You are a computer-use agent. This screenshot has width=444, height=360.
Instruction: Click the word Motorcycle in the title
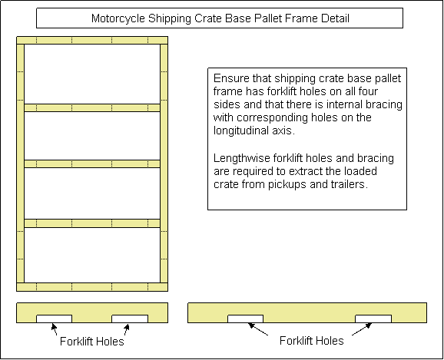pyautogui.click(x=118, y=18)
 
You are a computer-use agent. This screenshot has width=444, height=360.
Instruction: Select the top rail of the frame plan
pyautogui.click(x=92, y=40)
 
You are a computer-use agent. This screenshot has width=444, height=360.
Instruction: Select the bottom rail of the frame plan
pyautogui.click(x=92, y=287)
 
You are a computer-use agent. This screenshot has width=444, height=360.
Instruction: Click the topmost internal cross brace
pyautogui.click(x=92, y=107)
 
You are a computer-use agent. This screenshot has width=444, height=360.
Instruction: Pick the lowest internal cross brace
pyautogui.click(x=92, y=223)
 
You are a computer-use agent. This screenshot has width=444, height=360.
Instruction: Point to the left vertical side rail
pyautogui.click(x=21, y=163)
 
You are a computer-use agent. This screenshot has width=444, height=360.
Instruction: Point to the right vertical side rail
pyautogui.click(x=164, y=163)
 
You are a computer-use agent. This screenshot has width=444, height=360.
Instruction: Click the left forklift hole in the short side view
pyautogui.click(x=54, y=319)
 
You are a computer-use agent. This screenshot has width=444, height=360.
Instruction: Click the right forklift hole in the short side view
pyautogui.click(x=130, y=319)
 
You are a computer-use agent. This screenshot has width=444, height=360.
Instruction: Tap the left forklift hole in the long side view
pyautogui.click(x=246, y=319)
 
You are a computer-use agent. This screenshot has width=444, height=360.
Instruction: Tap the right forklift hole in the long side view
pyautogui.click(x=373, y=319)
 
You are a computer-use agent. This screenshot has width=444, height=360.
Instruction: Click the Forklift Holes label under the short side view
pyautogui.click(x=92, y=342)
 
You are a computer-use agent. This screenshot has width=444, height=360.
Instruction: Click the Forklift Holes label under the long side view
pyautogui.click(x=312, y=341)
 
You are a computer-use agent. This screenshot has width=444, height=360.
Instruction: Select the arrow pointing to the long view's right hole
pyautogui.click(x=362, y=329)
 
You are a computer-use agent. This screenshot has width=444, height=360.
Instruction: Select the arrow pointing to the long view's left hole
pyautogui.click(x=258, y=329)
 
